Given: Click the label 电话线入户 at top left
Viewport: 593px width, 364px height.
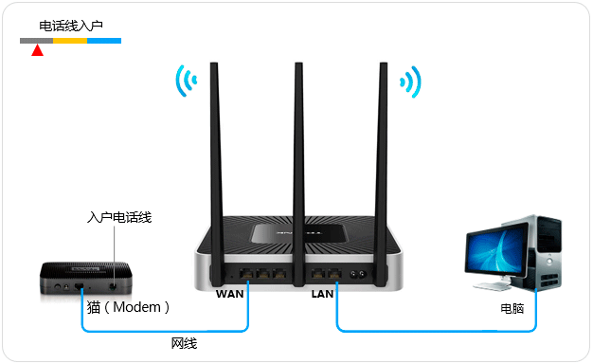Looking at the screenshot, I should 71,27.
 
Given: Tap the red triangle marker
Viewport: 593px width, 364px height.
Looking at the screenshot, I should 37,50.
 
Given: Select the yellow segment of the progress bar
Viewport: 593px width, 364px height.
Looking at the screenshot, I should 69,42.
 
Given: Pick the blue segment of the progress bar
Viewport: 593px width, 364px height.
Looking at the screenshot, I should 103,42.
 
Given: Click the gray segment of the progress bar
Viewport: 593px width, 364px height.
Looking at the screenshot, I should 36,42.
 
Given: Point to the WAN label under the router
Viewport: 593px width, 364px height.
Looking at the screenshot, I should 231,294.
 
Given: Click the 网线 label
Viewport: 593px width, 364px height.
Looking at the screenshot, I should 184,343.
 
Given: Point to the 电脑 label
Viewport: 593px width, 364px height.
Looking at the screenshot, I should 512,308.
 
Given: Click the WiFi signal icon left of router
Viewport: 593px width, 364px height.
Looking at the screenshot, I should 184,82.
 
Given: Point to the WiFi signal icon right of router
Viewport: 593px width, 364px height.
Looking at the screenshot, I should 411,82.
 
